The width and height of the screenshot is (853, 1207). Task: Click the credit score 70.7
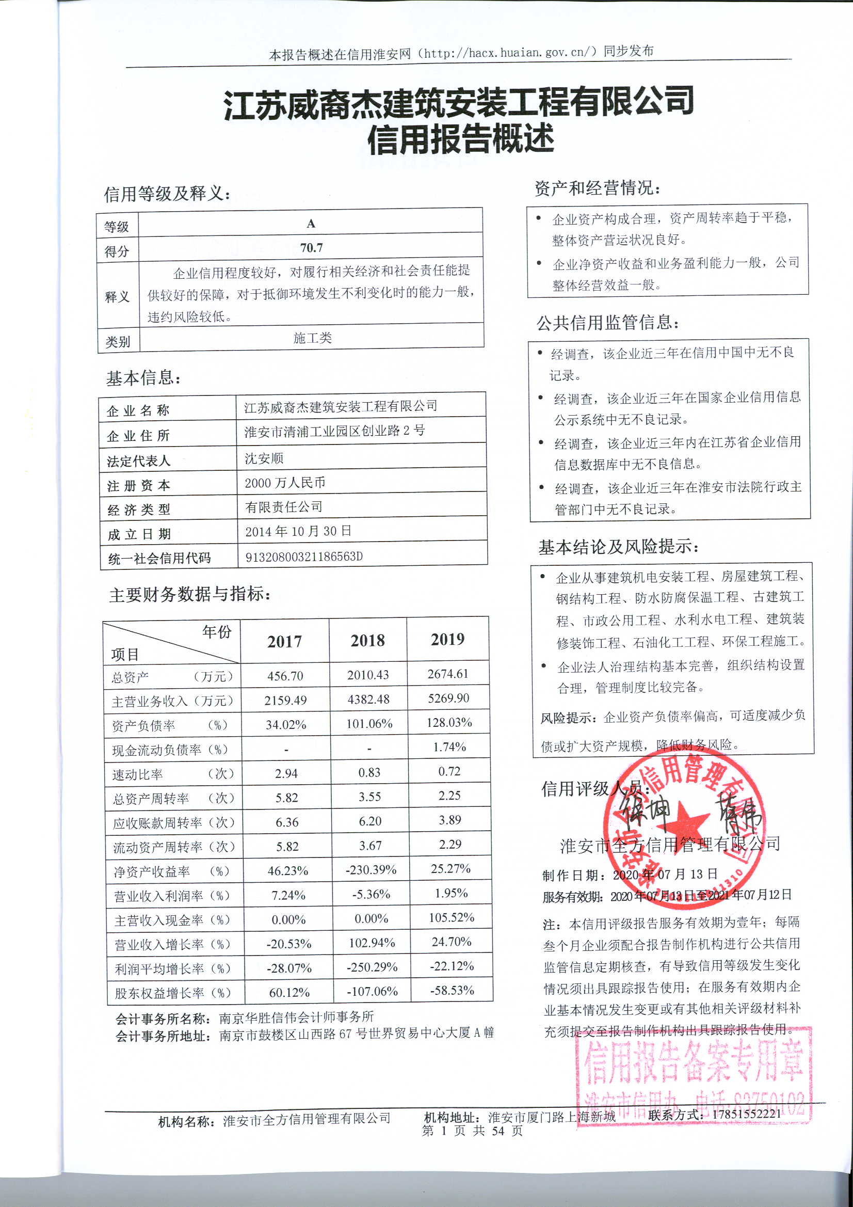[x=311, y=248]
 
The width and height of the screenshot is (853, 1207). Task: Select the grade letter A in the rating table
[x=311, y=224]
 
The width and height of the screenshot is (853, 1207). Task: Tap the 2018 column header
[x=367, y=640]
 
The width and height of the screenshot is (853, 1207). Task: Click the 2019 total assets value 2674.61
[x=448, y=674]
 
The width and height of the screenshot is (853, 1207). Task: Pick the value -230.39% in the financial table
[x=371, y=870]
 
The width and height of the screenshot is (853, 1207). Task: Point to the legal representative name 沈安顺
[x=264, y=458]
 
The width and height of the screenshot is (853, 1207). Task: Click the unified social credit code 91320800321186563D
[x=304, y=557]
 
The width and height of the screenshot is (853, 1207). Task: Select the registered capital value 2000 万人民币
[x=285, y=483]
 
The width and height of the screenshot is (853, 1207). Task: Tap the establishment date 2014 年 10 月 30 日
[x=298, y=531]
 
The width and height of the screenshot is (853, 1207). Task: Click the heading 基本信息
[x=143, y=378]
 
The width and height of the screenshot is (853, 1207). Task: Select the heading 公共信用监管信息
[x=607, y=323]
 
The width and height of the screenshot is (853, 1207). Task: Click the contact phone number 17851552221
[x=746, y=1113]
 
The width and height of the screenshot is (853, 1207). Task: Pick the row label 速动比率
[x=138, y=774]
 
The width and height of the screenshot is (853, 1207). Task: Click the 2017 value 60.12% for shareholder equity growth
[x=289, y=993]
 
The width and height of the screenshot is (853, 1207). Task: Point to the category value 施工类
[x=312, y=338]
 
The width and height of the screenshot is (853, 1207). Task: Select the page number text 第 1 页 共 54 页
[x=472, y=1130]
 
